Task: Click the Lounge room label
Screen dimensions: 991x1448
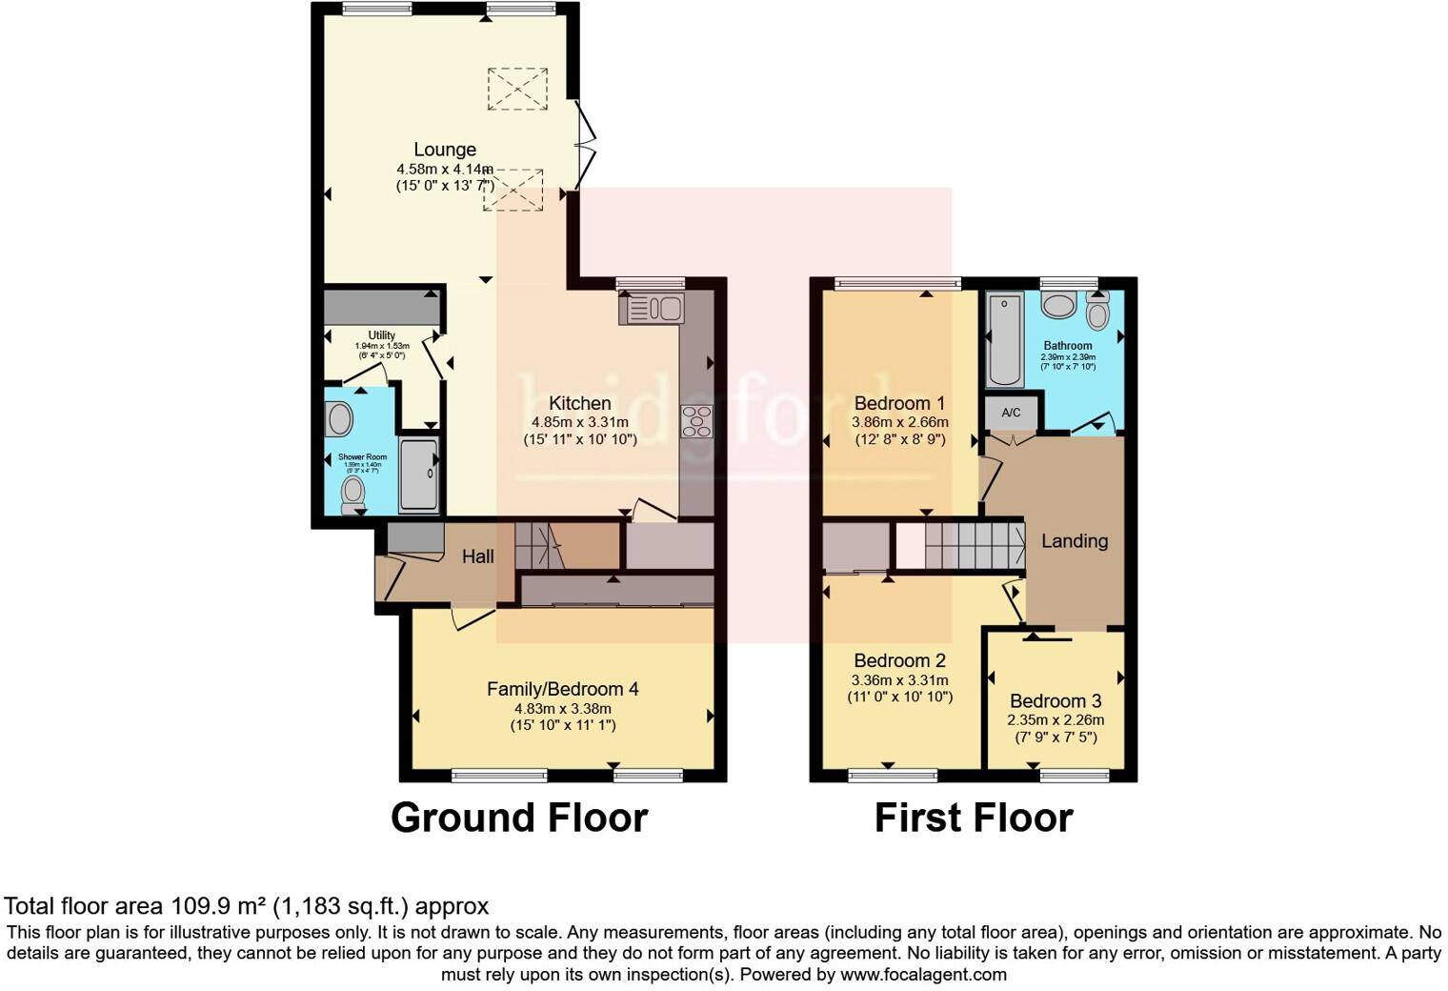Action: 444,150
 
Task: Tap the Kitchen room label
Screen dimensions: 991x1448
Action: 579,403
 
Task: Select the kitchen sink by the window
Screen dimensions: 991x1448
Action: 652,309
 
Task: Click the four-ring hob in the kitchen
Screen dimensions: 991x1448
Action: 696,421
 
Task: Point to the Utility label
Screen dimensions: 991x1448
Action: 381,335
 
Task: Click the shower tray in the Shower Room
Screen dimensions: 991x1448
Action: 418,475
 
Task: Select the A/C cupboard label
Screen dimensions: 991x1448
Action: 1011,413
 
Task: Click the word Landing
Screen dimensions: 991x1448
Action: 1074,541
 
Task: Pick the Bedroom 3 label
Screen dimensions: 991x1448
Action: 1056,700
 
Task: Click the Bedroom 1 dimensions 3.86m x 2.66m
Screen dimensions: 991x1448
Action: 900,422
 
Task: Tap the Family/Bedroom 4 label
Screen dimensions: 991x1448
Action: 562,689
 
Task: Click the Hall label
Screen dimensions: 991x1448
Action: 477,556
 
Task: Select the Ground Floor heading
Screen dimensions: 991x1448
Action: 519,819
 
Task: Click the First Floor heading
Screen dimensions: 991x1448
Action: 973,819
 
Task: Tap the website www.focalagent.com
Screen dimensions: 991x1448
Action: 923,975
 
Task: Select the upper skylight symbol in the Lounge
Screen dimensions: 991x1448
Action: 517,89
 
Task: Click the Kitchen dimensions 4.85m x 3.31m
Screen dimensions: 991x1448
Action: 579,422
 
